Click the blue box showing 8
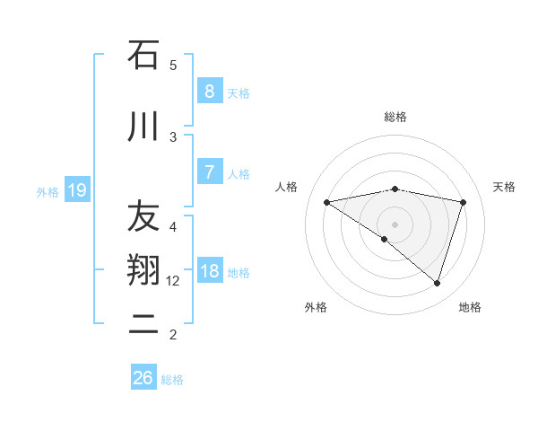click(x=209, y=92)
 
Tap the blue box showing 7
click(x=209, y=172)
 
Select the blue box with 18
click(x=209, y=271)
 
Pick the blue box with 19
click(x=77, y=189)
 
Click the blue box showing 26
click(x=143, y=378)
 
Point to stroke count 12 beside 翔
click(x=173, y=281)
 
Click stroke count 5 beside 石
click(x=173, y=65)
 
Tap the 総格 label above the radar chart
click(x=395, y=117)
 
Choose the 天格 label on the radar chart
click(x=504, y=187)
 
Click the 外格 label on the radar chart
click(x=316, y=307)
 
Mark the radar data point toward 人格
click(x=326, y=202)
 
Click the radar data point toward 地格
click(x=437, y=283)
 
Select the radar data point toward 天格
click(x=463, y=202)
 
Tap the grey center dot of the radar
click(x=395, y=224)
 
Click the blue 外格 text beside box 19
click(x=47, y=190)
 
